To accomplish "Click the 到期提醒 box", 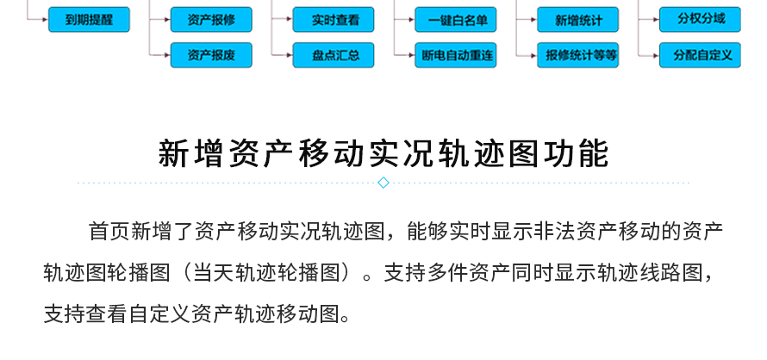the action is [x=89, y=20].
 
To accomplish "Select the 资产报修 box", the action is [x=211, y=20].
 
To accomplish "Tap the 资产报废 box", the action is [x=211, y=55].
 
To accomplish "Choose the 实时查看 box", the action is [x=334, y=20].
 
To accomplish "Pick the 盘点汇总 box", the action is [x=334, y=55].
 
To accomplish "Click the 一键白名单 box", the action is [x=456, y=20].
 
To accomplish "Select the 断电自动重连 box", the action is [x=456, y=55].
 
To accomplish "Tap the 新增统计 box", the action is [x=578, y=20].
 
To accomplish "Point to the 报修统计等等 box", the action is [x=578, y=55].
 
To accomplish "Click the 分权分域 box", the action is [x=700, y=20].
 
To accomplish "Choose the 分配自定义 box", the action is [x=700, y=55].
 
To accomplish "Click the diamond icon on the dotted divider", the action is [x=383, y=183].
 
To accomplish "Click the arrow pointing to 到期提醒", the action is [x=38, y=20].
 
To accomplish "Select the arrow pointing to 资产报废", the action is [x=160, y=55].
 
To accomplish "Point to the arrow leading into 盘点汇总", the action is [x=283, y=55].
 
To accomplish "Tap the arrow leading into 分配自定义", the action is [x=649, y=55].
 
